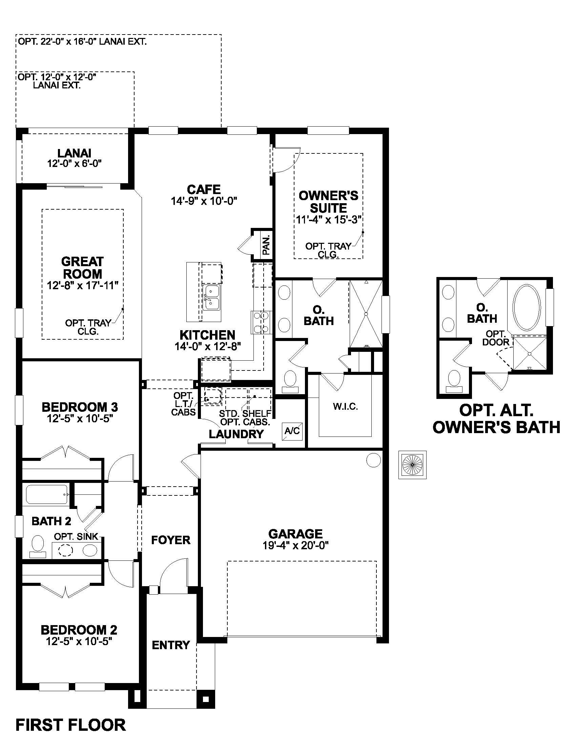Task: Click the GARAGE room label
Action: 295,533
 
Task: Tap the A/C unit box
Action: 292,431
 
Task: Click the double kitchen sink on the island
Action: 211,298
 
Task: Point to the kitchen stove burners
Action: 261,322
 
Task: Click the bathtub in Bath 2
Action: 47,494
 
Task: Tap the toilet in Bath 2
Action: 38,545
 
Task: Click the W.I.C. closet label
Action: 345,407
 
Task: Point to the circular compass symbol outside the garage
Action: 412,465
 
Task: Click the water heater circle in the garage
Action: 373,460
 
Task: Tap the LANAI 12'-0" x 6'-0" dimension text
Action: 75,164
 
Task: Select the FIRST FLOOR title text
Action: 70,725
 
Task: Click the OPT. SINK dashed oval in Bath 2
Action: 66,550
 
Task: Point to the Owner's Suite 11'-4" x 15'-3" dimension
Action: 328,220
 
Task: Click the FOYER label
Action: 171,540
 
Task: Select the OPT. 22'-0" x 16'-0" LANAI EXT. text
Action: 82,42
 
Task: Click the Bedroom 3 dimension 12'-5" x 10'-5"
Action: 80,419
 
